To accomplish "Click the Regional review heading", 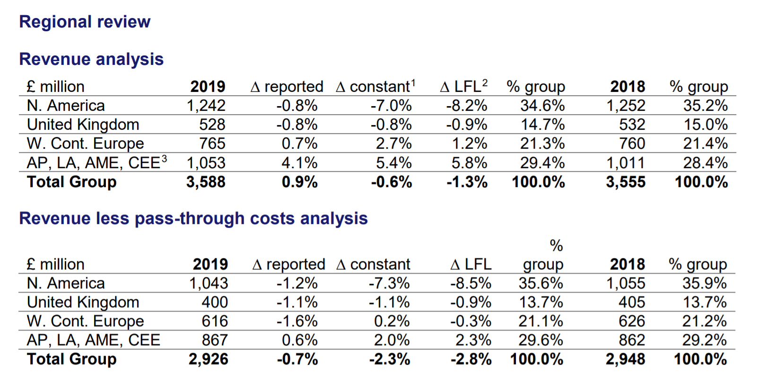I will (85, 22).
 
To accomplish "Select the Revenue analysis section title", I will (91, 59).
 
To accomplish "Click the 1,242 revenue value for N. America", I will (206, 106).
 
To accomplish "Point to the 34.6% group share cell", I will (542, 106).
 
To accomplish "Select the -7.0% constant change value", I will (391, 106).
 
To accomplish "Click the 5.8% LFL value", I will (469, 163).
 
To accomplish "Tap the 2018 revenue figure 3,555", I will (626, 182).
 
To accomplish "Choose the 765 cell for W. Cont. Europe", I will (212, 143).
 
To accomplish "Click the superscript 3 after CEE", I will (164, 159).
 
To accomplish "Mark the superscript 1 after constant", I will (413, 82).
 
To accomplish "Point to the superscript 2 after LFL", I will (485, 82).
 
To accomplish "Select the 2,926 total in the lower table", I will (209, 359).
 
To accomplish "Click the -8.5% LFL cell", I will (471, 283).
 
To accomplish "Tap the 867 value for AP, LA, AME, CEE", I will (215, 340).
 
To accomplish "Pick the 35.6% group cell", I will (540, 283).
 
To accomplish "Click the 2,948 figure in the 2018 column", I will (625, 359).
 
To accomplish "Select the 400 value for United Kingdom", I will (215, 302).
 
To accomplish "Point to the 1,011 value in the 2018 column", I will (626, 163).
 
